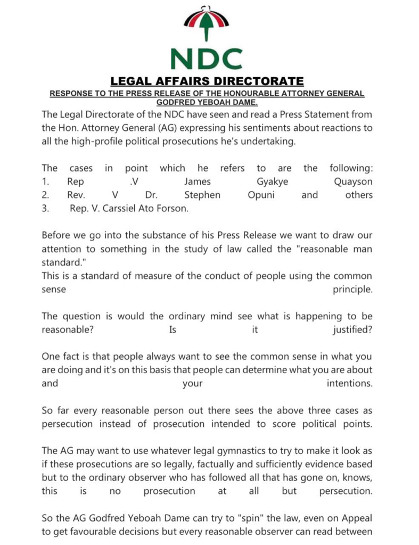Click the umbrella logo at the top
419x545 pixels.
click(207, 24)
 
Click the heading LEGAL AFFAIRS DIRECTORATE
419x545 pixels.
click(207, 81)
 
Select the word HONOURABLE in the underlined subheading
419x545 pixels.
click(247, 94)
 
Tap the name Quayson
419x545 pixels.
click(353, 181)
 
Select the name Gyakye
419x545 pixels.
click(272, 181)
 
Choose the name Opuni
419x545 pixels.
click(261, 195)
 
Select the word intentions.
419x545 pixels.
click(349, 383)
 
